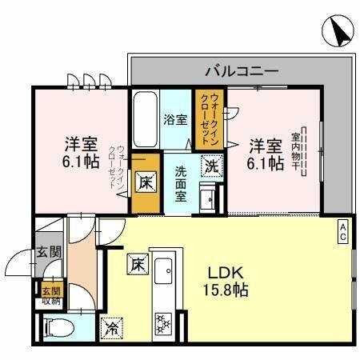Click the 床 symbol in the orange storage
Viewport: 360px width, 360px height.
[145, 182]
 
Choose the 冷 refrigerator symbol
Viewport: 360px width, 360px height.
[110, 326]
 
